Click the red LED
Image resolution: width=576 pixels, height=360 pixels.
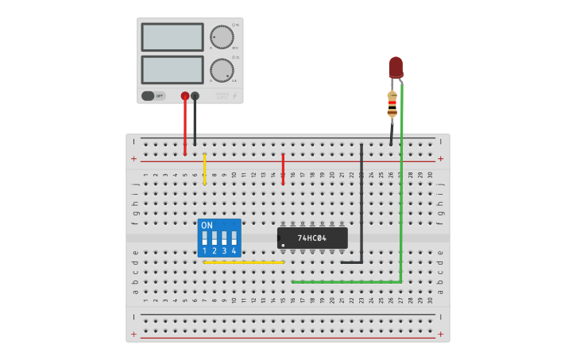[x=396, y=67]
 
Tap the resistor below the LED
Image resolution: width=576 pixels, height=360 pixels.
[x=392, y=103]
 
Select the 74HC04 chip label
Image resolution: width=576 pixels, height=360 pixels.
[x=311, y=238]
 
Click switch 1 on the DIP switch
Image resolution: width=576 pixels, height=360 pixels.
[x=205, y=238]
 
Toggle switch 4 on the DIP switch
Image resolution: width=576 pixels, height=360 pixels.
[x=234, y=238]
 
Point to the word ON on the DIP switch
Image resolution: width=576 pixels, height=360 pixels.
[x=207, y=226]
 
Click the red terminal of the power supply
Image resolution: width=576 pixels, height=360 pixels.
[x=185, y=96]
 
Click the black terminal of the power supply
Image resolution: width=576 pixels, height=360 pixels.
[x=195, y=96]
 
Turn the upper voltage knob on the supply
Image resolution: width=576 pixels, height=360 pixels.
[x=222, y=37]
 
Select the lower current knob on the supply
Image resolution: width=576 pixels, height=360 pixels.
[x=222, y=70]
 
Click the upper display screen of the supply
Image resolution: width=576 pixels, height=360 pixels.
[x=172, y=37]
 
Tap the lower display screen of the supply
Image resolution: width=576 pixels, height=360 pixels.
[x=172, y=69]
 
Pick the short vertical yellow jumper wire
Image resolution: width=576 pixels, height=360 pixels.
[x=204, y=169]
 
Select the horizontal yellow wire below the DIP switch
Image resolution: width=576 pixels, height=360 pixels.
[x=243, y=262]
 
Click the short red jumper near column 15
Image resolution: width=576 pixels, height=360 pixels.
[x=283, y=169]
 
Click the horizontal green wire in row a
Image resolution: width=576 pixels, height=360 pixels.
[x=346, y=281]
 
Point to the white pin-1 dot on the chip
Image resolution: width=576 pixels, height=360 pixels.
[x=283, y=244]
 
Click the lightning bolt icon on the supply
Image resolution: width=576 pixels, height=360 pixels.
[x=234, y=96]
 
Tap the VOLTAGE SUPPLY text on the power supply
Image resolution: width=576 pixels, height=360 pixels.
[x=222, y=96]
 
